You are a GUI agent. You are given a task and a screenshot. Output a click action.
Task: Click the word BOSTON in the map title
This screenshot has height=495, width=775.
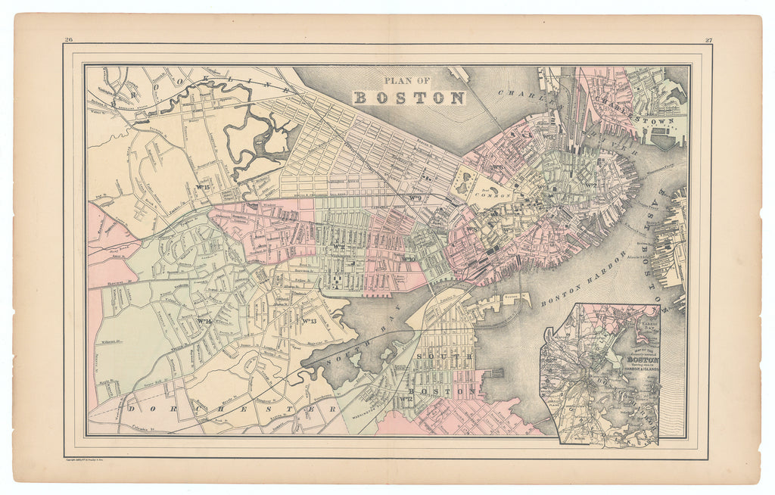[409, 98]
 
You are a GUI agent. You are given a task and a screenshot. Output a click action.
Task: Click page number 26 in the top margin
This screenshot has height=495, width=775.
[69, 40]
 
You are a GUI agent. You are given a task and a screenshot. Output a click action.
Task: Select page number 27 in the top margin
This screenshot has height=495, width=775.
[708, 40]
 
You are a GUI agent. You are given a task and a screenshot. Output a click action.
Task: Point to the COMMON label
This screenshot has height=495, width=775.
[493, 195]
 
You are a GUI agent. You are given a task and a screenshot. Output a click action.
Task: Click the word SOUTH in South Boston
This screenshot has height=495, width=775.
[447, 356]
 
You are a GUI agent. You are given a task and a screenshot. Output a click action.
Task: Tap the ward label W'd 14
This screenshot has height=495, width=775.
[203, 322]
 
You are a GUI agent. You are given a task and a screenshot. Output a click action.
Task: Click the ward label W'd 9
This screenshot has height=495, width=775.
[415, 199]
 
